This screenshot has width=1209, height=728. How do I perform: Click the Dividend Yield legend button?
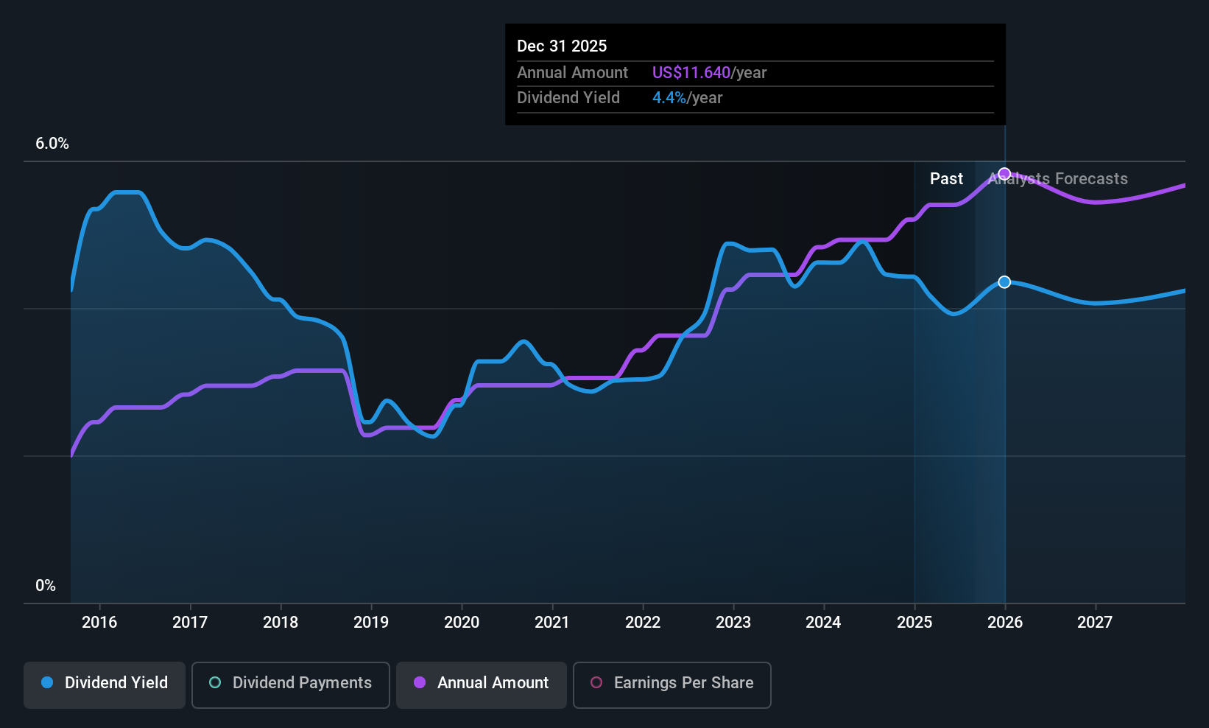click(x=105, y=684)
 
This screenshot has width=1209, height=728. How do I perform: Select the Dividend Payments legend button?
click(x=290, y=684)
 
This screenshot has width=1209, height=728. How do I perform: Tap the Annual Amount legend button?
click(x=482, y=684)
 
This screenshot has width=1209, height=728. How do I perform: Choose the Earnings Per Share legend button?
click(x=672, y=684)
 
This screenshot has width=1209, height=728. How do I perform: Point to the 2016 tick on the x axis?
click(x=99, y=622)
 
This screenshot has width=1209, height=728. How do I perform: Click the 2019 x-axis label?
click(x=371, y=622)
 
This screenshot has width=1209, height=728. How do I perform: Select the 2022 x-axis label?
click(x=643, y=622)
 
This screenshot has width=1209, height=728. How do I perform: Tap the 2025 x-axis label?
click(x=914, y=622)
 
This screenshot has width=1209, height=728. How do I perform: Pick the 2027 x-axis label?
click(x=1095, y=622)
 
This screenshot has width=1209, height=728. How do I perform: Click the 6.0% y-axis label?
click(x=52, y=144)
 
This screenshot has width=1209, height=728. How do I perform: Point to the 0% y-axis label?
click(x=46, y=586)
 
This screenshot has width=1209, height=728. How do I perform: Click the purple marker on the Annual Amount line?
click(x=1004, y=174)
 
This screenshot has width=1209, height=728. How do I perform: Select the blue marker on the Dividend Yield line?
click(x=1004, y=282)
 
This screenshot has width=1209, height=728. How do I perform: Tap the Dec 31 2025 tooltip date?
click(x=562, y=46)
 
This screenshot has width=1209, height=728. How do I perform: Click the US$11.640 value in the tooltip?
click(x=691, y=73)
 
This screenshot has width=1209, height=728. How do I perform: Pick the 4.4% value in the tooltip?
click(x=669, y=98)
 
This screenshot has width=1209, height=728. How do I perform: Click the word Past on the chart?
click(x=946, y=179)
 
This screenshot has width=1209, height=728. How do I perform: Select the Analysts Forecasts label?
click(x=1058, y=179)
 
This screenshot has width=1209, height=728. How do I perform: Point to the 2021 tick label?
click(x=552, y=622)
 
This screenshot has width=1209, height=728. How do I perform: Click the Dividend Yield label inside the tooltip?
click(x=568, y=98)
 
